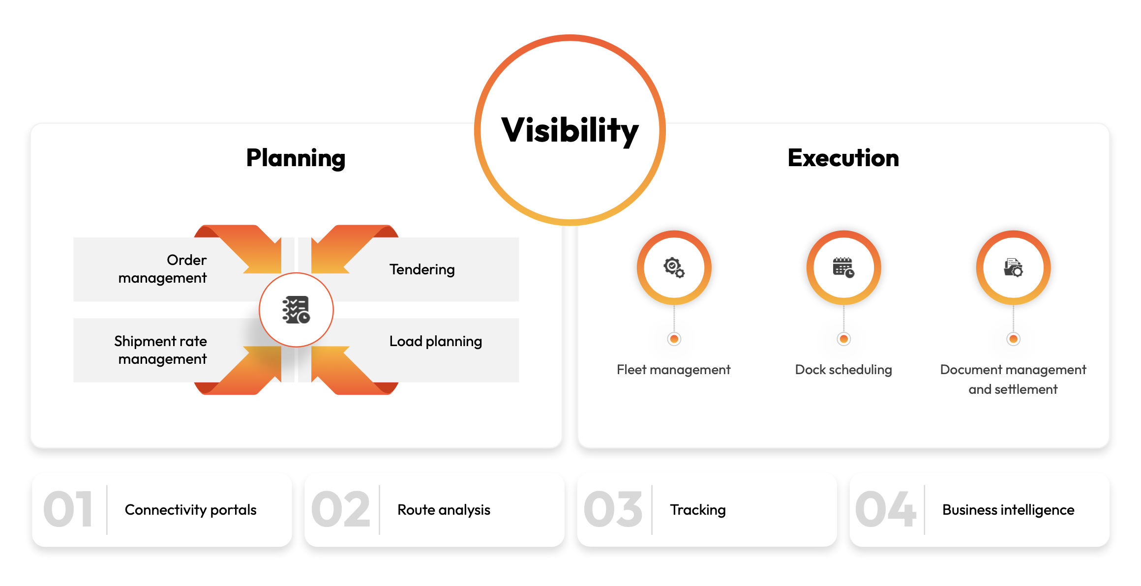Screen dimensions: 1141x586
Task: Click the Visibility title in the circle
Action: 570,131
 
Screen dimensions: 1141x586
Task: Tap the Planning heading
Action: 296,158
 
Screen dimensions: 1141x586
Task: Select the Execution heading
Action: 843,158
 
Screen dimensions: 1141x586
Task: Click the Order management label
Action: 162,269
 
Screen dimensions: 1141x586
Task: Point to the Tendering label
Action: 422,269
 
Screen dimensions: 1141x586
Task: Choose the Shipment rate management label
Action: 160,350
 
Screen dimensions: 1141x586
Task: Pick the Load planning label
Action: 436,341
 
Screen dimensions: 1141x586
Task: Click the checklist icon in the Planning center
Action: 296,310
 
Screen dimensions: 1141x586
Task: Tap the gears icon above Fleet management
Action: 674,267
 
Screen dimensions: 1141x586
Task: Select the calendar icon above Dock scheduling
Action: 843,267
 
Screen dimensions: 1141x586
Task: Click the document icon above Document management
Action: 1013,267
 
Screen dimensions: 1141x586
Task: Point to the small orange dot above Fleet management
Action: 674,339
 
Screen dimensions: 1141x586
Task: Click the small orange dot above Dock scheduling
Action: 843,339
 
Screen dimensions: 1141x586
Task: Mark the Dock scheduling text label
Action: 843,370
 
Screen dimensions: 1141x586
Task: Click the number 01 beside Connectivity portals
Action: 68,510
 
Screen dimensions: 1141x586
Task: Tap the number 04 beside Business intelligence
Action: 885,510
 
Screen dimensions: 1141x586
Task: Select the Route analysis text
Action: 444,510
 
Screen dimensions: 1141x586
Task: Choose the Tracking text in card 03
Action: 697,510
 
